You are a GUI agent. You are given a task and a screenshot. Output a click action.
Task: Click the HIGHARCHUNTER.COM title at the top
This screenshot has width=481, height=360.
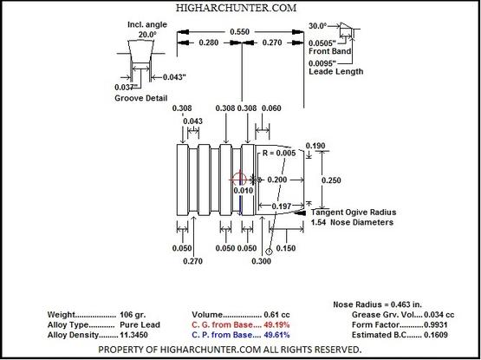236,8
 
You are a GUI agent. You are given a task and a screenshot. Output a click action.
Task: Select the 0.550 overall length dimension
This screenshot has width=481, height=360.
239,32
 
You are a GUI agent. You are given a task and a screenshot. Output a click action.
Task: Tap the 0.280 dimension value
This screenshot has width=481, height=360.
209,43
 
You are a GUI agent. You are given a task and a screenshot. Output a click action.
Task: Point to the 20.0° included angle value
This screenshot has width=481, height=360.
147,35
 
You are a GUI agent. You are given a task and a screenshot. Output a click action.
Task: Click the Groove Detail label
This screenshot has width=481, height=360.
140,98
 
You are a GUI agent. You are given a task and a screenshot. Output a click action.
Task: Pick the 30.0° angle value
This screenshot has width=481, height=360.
318,26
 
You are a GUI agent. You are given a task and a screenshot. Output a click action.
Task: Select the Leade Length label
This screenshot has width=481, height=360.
336,72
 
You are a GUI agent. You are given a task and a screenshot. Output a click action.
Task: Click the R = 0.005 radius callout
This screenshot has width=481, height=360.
279,153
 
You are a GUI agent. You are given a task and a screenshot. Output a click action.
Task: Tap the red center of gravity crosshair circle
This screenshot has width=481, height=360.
239,180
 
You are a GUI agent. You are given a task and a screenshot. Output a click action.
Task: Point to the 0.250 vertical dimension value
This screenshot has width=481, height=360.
331,180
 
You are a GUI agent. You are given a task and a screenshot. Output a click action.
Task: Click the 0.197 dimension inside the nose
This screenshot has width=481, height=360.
282,206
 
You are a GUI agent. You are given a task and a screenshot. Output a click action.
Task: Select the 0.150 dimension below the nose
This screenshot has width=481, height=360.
286,248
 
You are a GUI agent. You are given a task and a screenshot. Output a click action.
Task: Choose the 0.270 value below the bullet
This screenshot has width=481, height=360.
192,261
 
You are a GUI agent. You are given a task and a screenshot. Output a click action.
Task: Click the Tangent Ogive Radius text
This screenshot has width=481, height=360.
354,213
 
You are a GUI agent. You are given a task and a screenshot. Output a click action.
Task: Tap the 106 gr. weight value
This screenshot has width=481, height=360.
133,315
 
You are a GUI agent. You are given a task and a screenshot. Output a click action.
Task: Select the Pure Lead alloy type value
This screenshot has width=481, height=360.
140,324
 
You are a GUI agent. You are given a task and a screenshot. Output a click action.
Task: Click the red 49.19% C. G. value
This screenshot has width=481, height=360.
276,324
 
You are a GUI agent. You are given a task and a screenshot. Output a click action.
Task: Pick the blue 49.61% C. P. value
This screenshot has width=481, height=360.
276,335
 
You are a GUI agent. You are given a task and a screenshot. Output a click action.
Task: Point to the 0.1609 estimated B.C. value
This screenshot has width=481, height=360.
436,335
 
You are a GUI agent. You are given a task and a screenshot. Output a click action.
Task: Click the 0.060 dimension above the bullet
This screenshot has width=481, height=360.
271,108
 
